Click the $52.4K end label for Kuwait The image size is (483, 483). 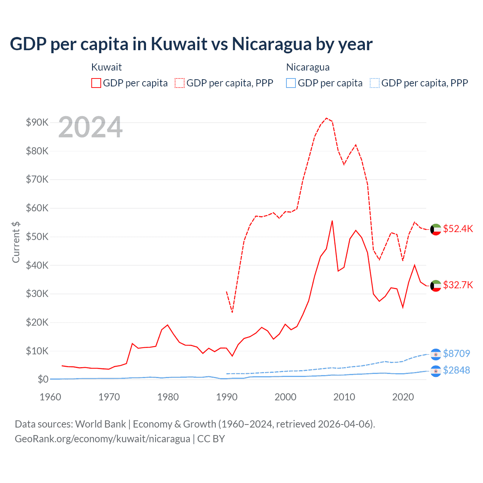(x=458, y=229)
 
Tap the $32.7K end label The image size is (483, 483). (x=458, y=285)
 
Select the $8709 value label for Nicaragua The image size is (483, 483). (x=456, y=354)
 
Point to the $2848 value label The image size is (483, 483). (x=456, y=370)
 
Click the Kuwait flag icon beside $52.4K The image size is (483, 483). (x=436, y=229)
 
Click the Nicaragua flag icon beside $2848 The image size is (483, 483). (x=436, y=371)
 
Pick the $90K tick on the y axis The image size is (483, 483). (x=37, y=122)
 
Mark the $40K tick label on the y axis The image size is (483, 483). (x=37, y=265)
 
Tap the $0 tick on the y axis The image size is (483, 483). (x=43, y=379)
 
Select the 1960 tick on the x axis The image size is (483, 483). (x=51, y=397)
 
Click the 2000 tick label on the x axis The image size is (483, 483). (x=286, y=397)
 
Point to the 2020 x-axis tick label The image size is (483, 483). (x=403, y=397)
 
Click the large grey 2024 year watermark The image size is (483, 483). (x=91, y=128)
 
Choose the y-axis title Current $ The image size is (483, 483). (x=16, y=242)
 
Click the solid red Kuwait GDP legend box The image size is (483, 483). (x=96, y=83)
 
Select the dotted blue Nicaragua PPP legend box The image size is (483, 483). (x=375, y=83)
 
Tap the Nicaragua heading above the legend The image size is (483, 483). (x=308, y=67)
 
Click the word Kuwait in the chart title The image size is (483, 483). (x=179, y=44)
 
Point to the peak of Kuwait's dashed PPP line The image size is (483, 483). (x=326, y=118)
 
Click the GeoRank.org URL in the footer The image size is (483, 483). (x=102, y=439)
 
